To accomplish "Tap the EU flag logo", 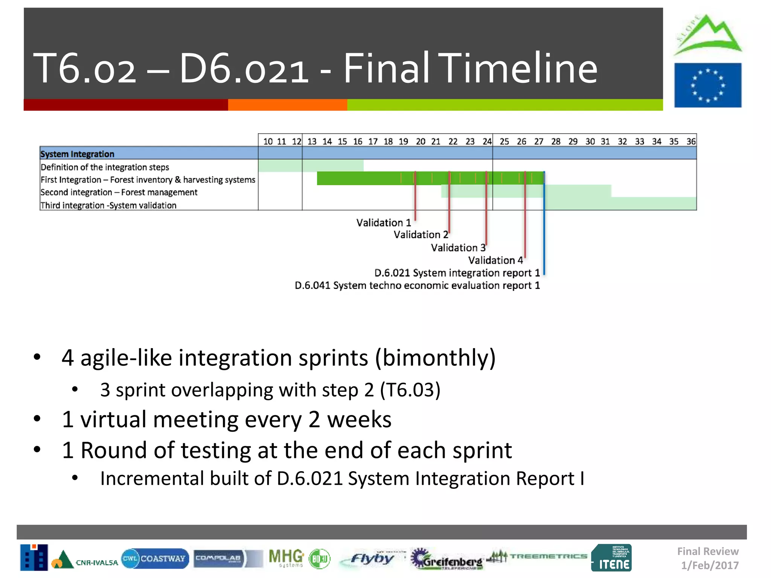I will tap(707, 85).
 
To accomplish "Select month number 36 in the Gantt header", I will tap(691, 141).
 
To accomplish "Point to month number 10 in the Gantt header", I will tap(268, 141).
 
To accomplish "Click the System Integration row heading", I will tap(77, 154).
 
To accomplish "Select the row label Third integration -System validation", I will tap(108, 205).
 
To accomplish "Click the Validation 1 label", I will tap(383, 223).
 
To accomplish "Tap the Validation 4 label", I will tap(495, 260).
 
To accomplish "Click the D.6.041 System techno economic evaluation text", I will tap(417, 286).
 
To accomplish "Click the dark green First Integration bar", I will tap(358, 178).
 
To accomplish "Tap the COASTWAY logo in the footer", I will tap(155, 558).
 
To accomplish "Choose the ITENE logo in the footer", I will tap(611, 558).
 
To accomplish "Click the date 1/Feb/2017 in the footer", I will tap(710, 565).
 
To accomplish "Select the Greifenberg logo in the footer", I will tap(447, 559).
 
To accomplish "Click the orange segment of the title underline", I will tap(287, 105).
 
